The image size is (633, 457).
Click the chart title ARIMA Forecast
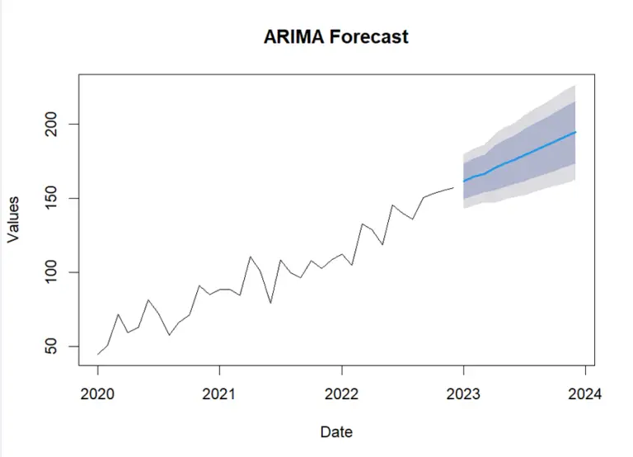[335, 37]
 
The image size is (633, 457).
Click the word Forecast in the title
[368, 37]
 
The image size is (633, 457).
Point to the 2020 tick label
[97, 393]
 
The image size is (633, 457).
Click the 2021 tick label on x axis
[219, 393]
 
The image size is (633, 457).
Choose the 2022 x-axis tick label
[341, 393]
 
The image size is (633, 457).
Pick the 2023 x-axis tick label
[463, 393]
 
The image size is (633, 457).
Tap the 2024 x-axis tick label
[585, 393]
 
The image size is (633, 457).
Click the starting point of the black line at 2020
[97, 354]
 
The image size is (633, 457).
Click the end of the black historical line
[453, 187]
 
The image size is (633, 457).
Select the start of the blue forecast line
[463, 181]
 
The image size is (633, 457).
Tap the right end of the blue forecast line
[575, 132]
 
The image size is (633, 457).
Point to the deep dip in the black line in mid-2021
[270, 303]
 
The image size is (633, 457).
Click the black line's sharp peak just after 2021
[251, 257]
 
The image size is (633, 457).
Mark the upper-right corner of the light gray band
[574, 85]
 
